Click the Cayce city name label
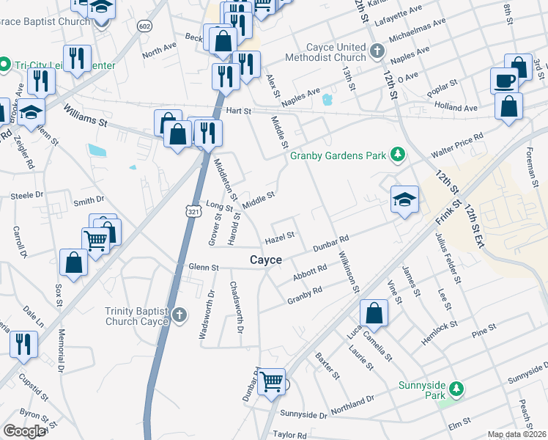tap(266, 260)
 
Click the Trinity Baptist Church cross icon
tap(181, 317)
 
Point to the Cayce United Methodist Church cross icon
tap(377, 51)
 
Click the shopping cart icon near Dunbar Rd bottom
tap(271, 381)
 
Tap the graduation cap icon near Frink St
tap(404, 199)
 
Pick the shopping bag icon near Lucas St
tap(374, 313)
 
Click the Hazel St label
tap(279, 237)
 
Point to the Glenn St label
tap(204, 268)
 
